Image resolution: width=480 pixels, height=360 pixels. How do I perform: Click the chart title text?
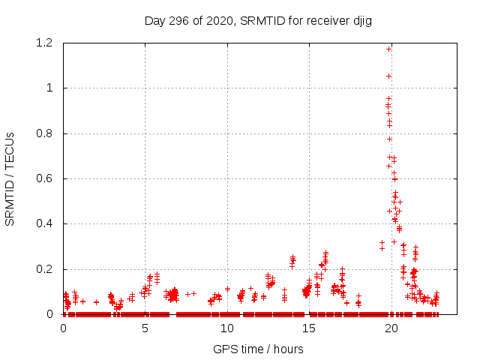tap(258, 20)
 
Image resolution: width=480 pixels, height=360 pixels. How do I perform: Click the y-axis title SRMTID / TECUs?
tap(10, 178)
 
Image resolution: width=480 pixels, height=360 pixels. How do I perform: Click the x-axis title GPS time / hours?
tap(258, 349)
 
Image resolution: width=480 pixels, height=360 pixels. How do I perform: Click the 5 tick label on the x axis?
tap(145, 328)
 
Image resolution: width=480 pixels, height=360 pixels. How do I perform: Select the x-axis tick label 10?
tap(227, 328)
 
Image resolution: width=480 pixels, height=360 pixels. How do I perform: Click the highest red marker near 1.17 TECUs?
tap(388, 49)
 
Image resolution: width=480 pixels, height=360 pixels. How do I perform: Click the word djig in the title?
tap(360, 20)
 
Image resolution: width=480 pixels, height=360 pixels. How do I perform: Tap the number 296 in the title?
tap(179, 20)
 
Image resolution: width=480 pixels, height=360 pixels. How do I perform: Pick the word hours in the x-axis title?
tap(288, 349)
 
